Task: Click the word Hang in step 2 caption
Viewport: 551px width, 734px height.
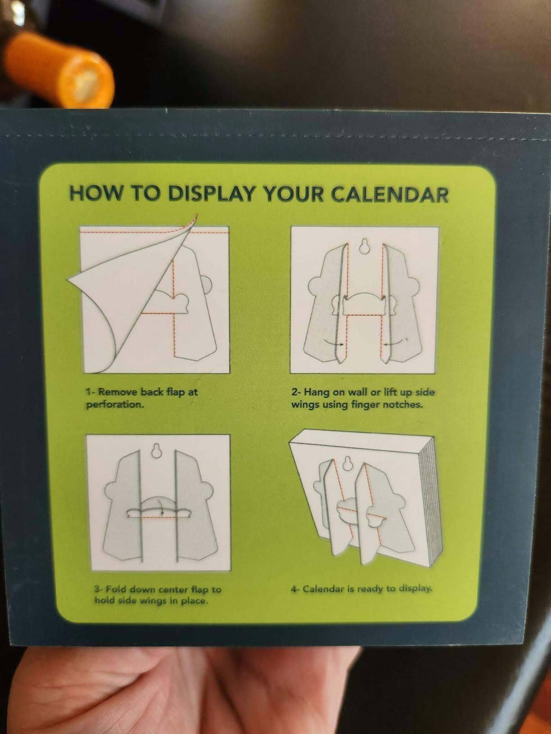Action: [316, 392]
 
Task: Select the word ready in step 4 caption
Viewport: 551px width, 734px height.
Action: [370, 589]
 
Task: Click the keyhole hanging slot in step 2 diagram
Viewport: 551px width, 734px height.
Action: [364, 246]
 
